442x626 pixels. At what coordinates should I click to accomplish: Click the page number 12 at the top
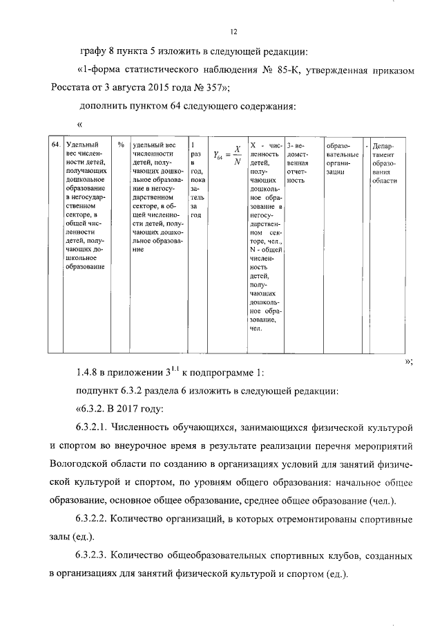click(x=233, y=31)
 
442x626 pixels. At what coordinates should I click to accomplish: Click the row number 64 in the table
click(x=56, y=145)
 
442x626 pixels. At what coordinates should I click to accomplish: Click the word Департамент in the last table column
click(x=384, y=154)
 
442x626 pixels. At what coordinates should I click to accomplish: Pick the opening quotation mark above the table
click(x=80, y=125)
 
